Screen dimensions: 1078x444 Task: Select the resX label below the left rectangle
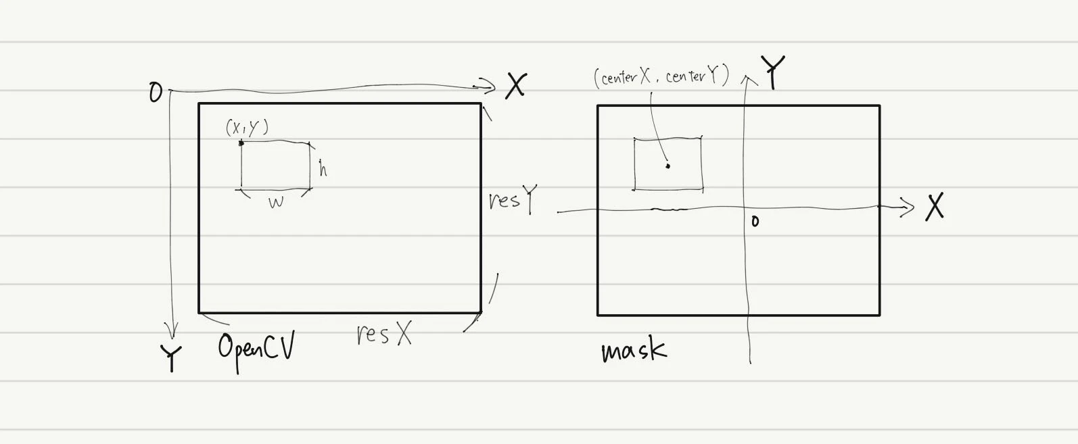[x=384, y=333]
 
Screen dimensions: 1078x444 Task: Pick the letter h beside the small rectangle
[x=323, y=169]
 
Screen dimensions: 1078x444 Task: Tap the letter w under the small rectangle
[x=276, y=202]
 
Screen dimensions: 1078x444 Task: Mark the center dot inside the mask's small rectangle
[x=667, y=166]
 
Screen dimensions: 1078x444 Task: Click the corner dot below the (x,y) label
[x=241, y=143]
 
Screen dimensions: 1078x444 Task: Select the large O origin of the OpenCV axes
[x=156, y=92]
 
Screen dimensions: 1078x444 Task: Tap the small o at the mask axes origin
[x=755, y=221]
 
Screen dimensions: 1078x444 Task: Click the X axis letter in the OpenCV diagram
[x=516, y=86]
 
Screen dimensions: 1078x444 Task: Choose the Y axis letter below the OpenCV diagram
[x=171, y=358]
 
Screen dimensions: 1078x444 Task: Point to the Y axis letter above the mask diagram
[x=773, y=72]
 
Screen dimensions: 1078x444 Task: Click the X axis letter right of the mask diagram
[x=935, y=207]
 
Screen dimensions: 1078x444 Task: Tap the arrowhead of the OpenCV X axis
[x=487, y=86]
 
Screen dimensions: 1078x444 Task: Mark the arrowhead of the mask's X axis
[x=906, y=207]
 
